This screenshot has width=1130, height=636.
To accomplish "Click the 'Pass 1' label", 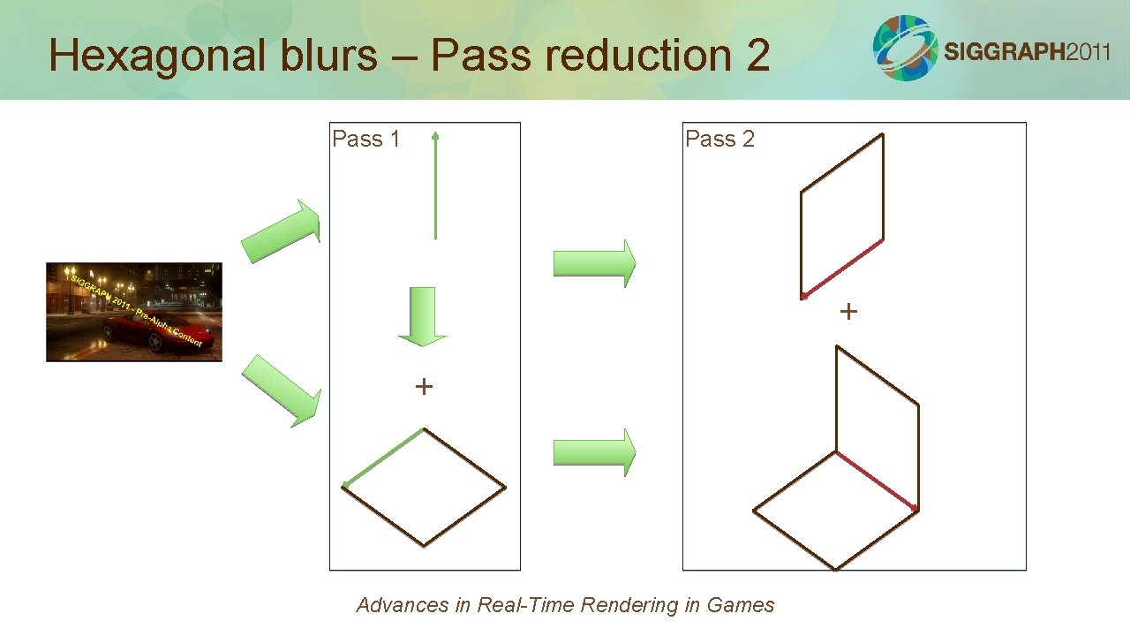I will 365,139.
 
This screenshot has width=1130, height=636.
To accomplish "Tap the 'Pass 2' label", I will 719,139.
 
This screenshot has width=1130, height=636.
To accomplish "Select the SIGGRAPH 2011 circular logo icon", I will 905,48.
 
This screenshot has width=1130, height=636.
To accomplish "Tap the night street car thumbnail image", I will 134,312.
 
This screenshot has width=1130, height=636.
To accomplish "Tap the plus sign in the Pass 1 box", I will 424,386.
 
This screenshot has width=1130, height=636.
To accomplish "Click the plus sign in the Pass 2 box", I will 848,311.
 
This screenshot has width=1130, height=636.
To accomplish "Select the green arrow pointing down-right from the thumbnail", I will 281,390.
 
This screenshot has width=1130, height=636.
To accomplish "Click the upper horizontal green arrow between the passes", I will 594,262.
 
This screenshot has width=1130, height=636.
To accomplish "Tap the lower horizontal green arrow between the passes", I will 594,452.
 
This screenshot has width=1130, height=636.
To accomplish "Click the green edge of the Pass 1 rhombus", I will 384,458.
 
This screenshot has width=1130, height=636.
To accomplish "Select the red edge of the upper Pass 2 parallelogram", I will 843,268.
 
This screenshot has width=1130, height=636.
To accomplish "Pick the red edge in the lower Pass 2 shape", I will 877,481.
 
